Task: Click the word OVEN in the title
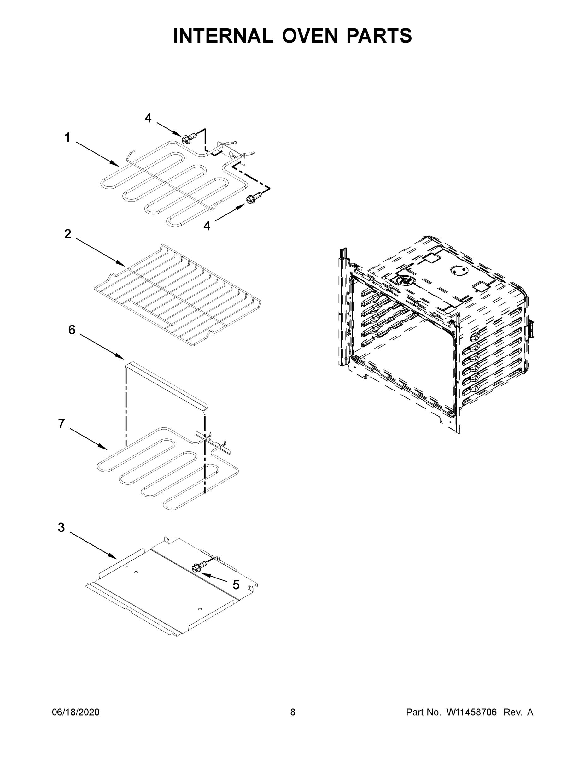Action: [309, 36]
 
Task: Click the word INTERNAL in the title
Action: [223, 36]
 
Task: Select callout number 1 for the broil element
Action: [67, 138]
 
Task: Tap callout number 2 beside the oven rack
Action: [67, 234]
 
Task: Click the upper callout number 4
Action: [148, 118]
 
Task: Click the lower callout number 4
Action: [207, 226]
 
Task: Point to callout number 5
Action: [236, 585]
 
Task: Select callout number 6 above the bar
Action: [72, 330]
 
